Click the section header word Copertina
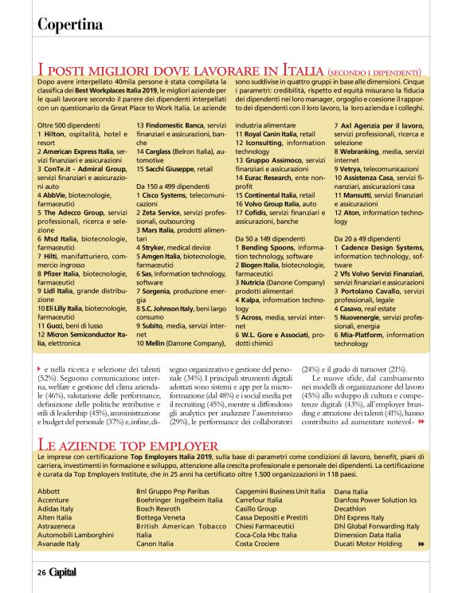click(x=72, y=24)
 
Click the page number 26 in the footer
click(x=41, y=572)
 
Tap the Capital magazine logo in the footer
click(x=63, y=572)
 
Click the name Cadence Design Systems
click(x=378, y=247)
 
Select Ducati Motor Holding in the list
click(x=368, y=544)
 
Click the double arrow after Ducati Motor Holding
click(x=421, y=544)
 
